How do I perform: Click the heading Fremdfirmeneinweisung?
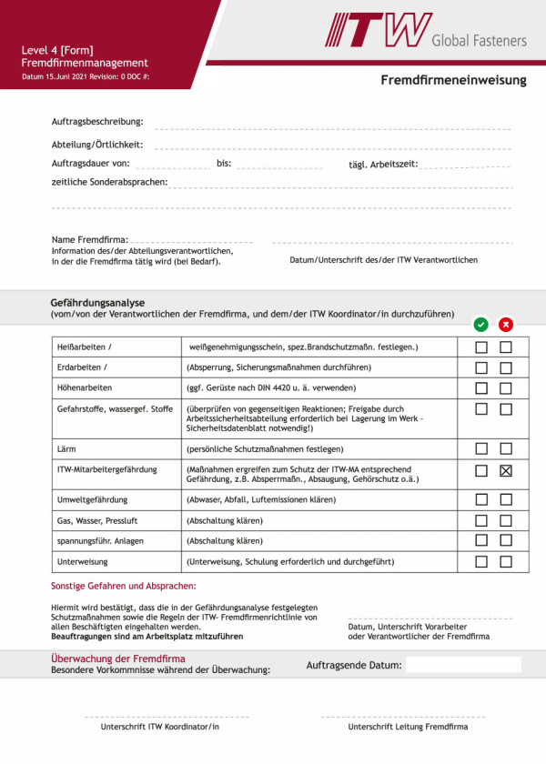(x=453, y=80)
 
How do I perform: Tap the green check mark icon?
(x=480, y=325)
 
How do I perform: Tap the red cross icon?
(x=506, y=325)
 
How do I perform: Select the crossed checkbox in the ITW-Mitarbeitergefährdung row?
(x=506, y=470)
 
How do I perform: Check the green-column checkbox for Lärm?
(x=481, y=448)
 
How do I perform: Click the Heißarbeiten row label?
(x=85, y=347)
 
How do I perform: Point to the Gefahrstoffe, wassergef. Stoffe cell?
(x=114, y=409)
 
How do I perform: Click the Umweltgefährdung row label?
(x=92, y=499)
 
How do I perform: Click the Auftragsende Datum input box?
(x=463, y=665)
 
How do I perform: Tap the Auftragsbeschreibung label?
(x=97, y=122)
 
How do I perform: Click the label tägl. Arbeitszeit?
(x=383, y=165)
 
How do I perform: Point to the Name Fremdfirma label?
(x=89, y=239)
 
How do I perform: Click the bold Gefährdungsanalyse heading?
(x=97, y=303)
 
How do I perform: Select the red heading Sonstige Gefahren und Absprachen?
(x=123, y=587)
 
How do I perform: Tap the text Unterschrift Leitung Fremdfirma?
(x=408, y=728)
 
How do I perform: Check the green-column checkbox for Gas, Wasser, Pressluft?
(x=481, y=520)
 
